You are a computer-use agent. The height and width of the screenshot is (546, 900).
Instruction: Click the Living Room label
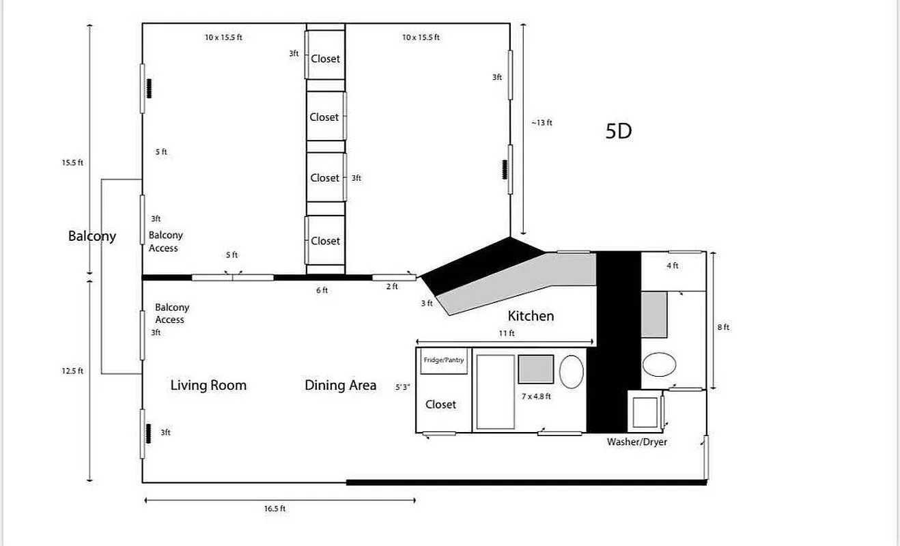[x=208, y=386]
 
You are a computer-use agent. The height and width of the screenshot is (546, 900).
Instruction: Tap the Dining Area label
[x=340, y=386]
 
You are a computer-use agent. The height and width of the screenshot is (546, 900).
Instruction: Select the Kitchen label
[x=531, y=316]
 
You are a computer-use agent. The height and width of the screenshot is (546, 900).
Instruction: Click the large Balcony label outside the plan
[x=92, y=236]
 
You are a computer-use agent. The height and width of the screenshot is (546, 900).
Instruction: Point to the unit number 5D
[x=618, y=131]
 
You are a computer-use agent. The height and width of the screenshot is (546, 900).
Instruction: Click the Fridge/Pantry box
[x=444, y=360]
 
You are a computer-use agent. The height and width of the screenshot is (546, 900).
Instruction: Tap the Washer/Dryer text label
[x=636, y=442]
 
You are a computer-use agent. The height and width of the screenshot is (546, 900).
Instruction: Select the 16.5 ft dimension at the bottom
[x=275, y=508]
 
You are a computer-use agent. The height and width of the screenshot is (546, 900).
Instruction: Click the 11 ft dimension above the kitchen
[x=506, y=334]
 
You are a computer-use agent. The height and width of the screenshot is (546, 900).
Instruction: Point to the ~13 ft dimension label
[x=542, y=123]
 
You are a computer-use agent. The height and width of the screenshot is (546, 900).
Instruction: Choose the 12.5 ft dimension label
[x=72, y=371]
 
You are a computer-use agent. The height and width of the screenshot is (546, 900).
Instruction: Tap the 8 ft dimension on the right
[x=723, y=328]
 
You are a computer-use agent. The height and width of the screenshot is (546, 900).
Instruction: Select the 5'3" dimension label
[x=403, y=388]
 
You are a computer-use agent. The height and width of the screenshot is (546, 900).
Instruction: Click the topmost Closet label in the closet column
[x=325, y=59]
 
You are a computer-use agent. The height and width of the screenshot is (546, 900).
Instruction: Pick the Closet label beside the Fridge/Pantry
[x=440, y=405]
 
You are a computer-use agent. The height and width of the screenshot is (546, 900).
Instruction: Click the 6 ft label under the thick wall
[x=322, y=290]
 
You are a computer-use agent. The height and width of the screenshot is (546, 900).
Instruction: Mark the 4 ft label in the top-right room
[x=673, y=266]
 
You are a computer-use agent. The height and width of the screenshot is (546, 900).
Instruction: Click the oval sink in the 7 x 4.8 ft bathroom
[x=572, y=371]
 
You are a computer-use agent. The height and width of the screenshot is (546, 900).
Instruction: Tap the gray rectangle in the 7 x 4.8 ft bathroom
[x=536, y=369]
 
